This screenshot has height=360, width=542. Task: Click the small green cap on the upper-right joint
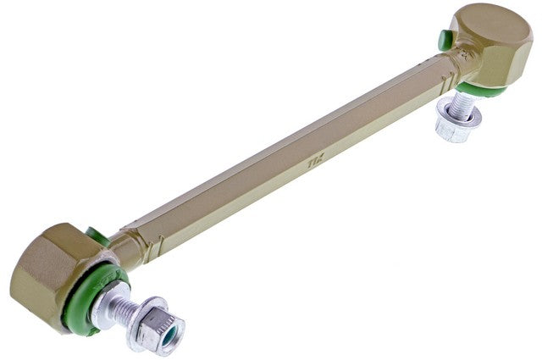coord(445,39)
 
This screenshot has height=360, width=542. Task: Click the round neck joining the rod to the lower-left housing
coord(125,251)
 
